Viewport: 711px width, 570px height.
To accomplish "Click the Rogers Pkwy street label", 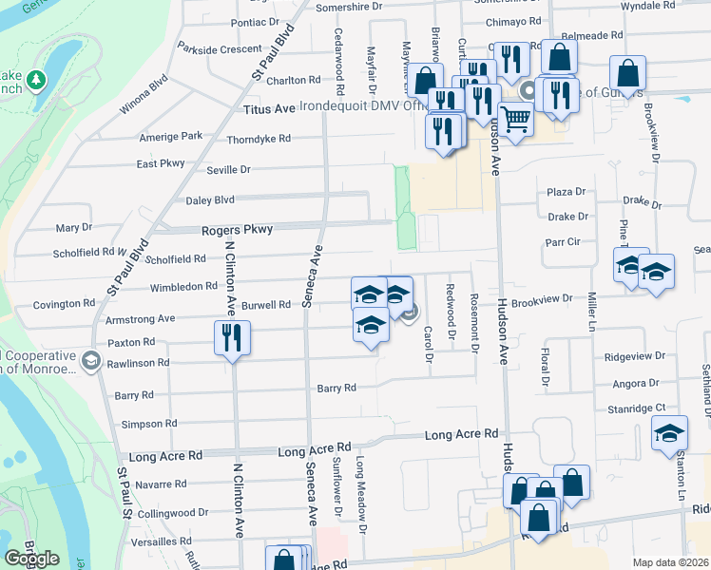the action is click(x=237, y=230).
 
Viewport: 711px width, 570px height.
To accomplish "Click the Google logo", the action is click(x=32, y=559).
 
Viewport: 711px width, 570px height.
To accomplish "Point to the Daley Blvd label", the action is click(x=210, y=200).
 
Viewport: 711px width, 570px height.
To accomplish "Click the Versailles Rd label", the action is click(x=164, y=541).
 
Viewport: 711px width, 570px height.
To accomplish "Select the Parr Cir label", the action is click(x=562, y=241).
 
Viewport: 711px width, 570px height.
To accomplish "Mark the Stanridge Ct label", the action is click(x=636, y=408).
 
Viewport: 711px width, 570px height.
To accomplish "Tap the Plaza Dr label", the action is click(x=566, y=192).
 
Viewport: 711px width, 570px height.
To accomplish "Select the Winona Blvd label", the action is click(x=143, y=96).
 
